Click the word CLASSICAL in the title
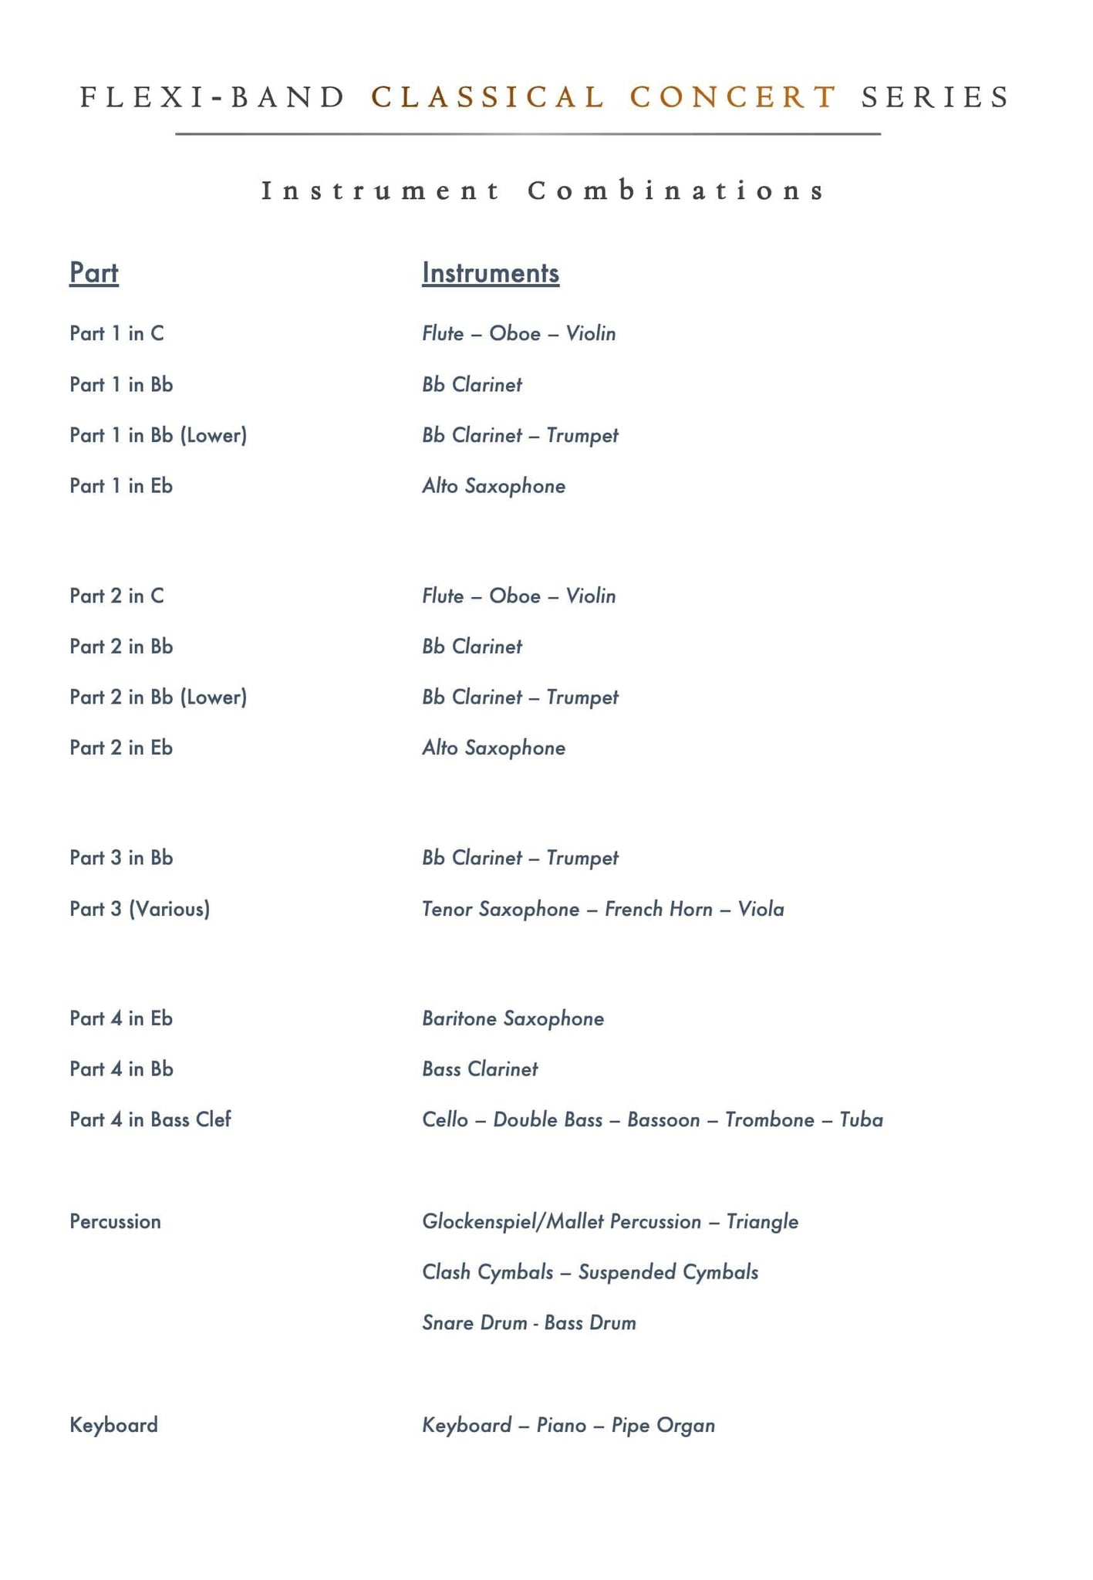tap(487, 97)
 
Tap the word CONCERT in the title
tap(733, 97)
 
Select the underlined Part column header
tap(94, 273)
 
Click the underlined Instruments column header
tap(491, 273)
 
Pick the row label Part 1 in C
tap(116, 333)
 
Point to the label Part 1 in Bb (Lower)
tap(158, 435)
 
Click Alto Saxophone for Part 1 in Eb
tap(494, 486)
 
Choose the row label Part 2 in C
tap(116, 596)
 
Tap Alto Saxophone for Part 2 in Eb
tap(494, 748)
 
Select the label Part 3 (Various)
tap(140, 909)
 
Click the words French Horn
tap(658, 909)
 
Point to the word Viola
tap(761, 909)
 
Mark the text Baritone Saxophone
tap(513, 1018)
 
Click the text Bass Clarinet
tap(480, 1069)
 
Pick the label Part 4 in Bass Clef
tap(150, 1119)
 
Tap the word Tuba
tap(861, 1119)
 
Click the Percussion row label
tap(115, 1221)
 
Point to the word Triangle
tap(762, 1221)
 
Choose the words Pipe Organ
tap(663, 1425)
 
